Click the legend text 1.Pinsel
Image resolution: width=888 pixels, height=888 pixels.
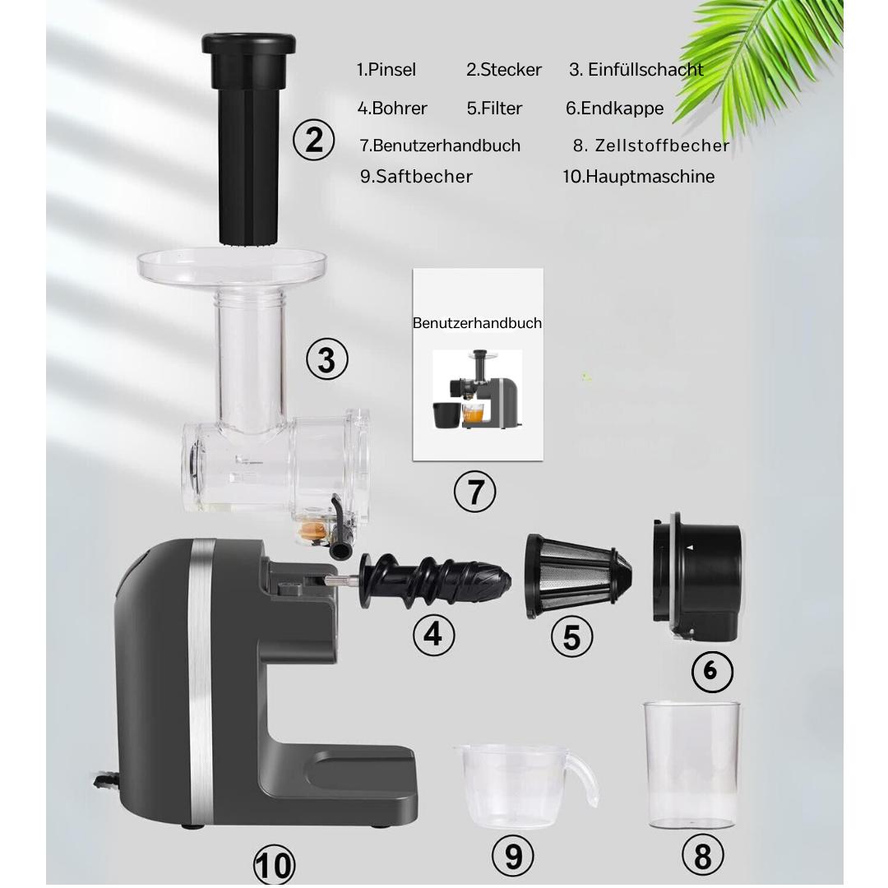(386, 70)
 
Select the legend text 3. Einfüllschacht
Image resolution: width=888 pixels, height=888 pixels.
(636, 70)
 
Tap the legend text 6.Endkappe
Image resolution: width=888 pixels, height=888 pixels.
(614, 109)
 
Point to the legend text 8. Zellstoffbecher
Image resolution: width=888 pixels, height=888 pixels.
(650, 146)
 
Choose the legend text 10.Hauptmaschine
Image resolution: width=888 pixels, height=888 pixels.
(638, 177)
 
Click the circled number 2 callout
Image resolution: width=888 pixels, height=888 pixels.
(314, 140)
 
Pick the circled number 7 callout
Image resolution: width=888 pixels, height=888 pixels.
(474, 492)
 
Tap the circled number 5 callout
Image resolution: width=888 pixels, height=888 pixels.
(572, 636)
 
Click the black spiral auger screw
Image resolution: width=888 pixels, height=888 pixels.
(435, 580)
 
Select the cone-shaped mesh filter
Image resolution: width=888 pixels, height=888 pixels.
(578, 576)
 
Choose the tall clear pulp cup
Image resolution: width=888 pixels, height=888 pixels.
(691, 765)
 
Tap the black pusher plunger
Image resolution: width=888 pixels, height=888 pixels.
(248, 139)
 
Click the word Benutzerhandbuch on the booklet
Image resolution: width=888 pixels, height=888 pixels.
(478, 323)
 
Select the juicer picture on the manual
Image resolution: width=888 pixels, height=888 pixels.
(478, 390)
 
